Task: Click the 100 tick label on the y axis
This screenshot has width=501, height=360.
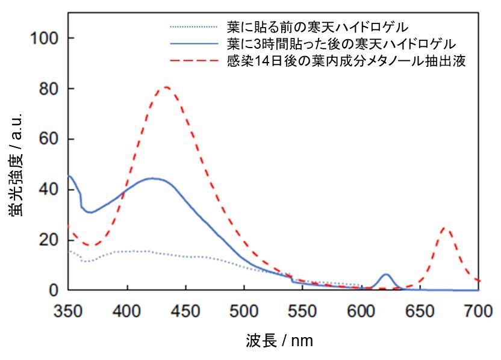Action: coord(45,39)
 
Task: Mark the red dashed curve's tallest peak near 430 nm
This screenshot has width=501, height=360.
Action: coord(164,87)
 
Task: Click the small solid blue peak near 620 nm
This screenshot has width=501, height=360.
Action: coord(386,275)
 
